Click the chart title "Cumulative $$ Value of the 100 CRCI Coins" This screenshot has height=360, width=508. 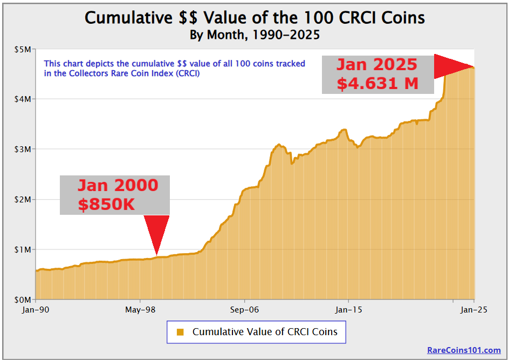point(255,18)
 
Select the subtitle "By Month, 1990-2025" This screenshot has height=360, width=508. point(255,35)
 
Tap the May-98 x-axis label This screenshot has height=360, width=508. point(140,310)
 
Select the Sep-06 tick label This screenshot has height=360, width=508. point(244,310)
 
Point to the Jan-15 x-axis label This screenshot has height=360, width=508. point(348,310)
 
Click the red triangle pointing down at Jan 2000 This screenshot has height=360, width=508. point(156,232)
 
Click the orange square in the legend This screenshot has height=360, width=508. point(181,332)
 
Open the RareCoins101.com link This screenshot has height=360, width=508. point(464,350)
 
